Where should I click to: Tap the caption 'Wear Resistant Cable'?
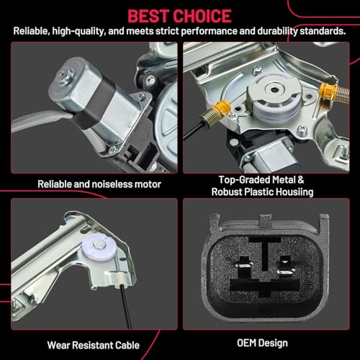(x=89, y=343)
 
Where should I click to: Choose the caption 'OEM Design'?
(x=269, y=343)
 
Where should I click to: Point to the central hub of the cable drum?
(x=274, y=94)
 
